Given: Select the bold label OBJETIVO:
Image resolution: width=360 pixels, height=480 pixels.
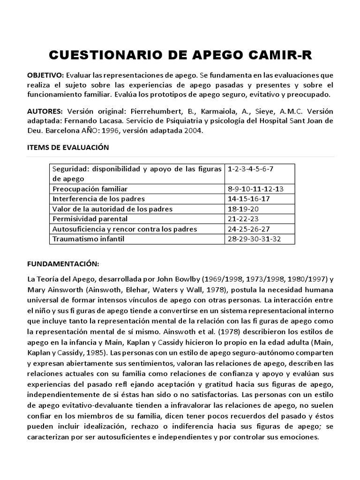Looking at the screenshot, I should point(45,75).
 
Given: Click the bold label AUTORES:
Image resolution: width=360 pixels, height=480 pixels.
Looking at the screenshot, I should point(45,111).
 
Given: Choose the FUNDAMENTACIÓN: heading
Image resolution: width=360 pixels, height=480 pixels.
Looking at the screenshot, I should point(62,263).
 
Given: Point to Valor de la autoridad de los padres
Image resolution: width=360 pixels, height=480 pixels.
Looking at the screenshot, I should point(112,209).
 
